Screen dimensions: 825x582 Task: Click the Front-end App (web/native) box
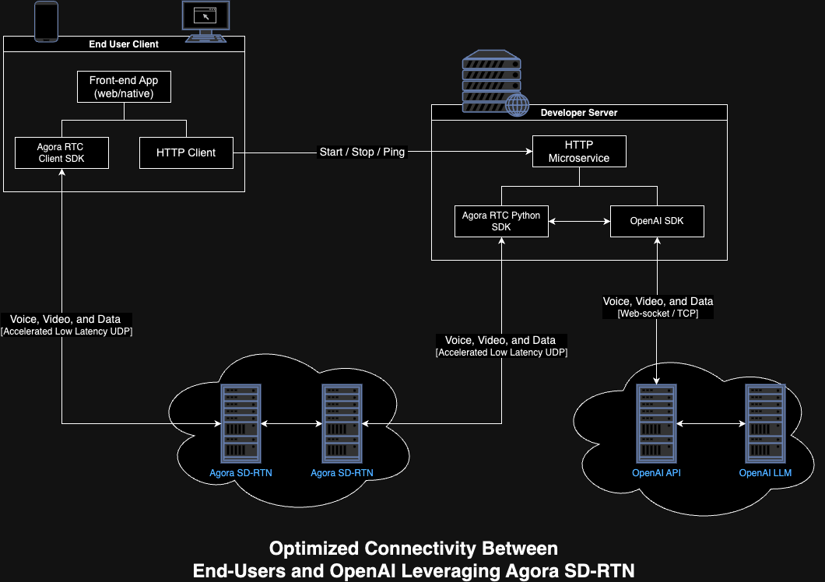pyautogui.click(x=125, y=87)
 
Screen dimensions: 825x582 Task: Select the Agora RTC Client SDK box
pyautogui.click(x=62, y=153)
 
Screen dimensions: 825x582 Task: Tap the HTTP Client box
pyautogui.click(x=186, y=153)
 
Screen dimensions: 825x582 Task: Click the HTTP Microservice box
pyautogui.click(x=579, y=152)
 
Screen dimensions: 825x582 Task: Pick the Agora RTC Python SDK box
pyautogui.click(x=501, y=222)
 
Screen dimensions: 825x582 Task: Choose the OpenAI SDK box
pyautogui.click(x=657, y=222)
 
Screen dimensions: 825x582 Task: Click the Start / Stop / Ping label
pyautogui.click(x=362, y=152)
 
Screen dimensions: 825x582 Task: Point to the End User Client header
pyautogui.click(x=124, y=44)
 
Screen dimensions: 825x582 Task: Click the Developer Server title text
pyautogui.click(x=579, y=113)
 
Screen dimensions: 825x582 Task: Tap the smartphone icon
pyautogui.click(x=46, y=21)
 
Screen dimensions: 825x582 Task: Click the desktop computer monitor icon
pyautogui.click(x=205, y=22)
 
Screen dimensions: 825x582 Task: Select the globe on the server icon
pyautogui.click(x=518, y=105)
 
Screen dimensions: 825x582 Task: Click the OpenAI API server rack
pyautogui.click(x=657, y=423)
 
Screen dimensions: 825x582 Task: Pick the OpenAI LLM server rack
pyautogui.click(x=766, y=423)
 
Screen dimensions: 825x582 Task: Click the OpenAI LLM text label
pyautogui.click(x=765, y=473)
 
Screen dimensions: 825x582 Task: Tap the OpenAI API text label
pyautogui.click(x=656, y=473)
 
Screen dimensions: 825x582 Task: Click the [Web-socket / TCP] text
pyautogui.click(x=658, y=314)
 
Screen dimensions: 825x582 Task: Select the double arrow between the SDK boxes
pyautogui.click(x=579, y=222)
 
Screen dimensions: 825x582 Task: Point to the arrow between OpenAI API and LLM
pyautogui.click(x=711, y=423)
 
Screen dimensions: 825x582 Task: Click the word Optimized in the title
pyautogui.click(x=314, y=549)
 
